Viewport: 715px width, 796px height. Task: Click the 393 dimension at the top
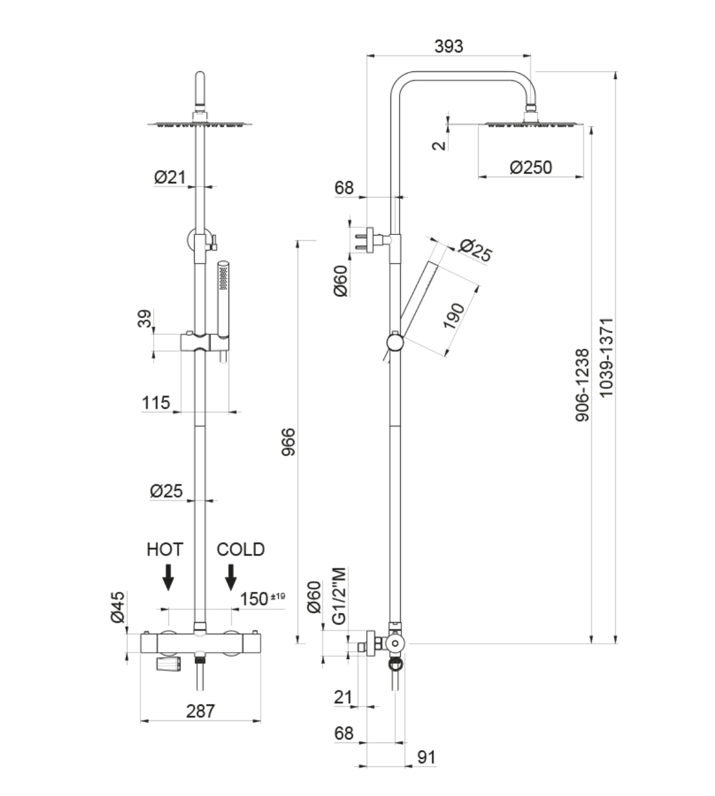[448, 46]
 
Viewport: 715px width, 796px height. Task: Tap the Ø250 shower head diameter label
[531, 167]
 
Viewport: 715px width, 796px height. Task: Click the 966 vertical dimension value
[289, 441]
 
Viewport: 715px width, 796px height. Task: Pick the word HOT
[165, 549]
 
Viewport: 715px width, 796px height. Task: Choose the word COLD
[241, 549]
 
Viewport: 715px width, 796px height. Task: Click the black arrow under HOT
[168, 576]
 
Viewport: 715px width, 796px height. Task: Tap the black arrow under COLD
[230, 576]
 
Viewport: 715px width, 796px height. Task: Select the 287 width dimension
[200, 710]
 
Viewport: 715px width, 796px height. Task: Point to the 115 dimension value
[156, 403]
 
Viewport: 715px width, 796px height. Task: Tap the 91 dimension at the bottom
[426, 757]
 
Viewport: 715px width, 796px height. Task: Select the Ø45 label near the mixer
[118, 607]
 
